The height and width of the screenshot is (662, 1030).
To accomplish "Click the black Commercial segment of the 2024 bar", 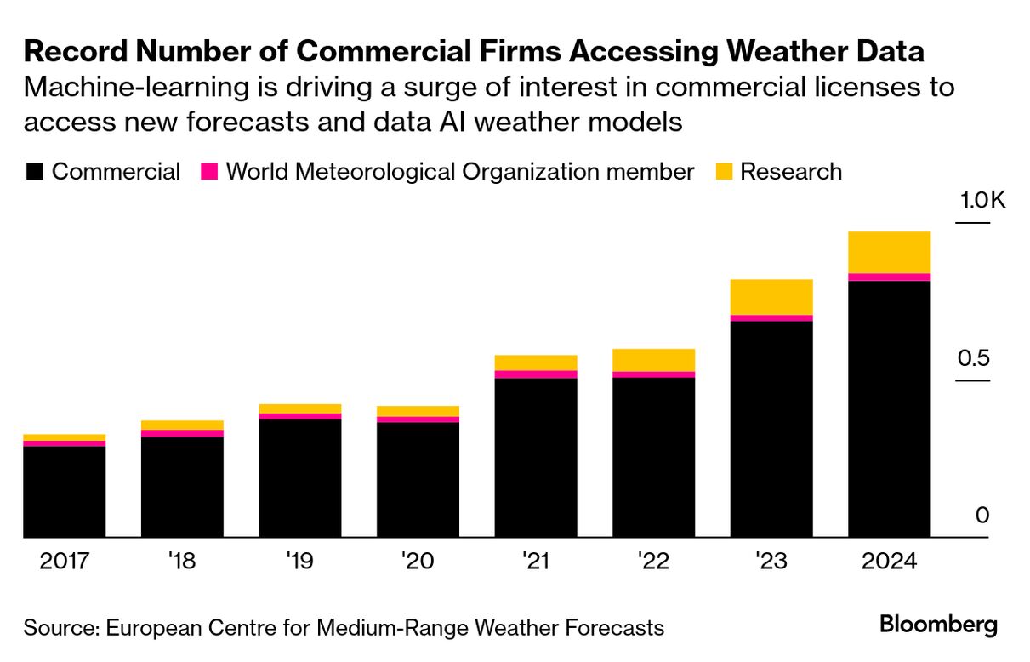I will (x=889, y=408).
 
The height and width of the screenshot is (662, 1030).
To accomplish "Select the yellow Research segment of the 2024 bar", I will (x=889, y=252).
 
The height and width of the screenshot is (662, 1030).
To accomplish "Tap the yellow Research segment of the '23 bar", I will (x=771, y=297).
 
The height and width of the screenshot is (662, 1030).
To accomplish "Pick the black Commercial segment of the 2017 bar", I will (x=65, y=492).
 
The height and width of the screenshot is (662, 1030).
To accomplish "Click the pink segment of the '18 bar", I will (x=182, y=434).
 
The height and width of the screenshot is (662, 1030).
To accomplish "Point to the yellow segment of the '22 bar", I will (x=653, y=360).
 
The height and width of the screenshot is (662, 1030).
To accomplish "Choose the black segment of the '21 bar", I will (x=536, y=458).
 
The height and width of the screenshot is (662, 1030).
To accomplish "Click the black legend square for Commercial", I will (x=34, y=172).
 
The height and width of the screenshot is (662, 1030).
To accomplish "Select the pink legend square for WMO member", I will (x=209, y=172).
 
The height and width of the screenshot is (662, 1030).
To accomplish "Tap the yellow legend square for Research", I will (x=723, y=172).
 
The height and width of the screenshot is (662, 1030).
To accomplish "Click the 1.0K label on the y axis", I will (x=982, y=201).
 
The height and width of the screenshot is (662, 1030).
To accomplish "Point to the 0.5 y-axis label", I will (x=975, y=357).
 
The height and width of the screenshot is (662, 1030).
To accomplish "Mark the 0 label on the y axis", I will (x=982, y=516).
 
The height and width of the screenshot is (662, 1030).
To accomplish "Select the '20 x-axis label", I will (x=418, y=562).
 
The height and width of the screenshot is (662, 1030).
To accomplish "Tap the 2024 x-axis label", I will (x=888, y=562).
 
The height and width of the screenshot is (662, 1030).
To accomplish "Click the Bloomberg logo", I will (x=938, y=625).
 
